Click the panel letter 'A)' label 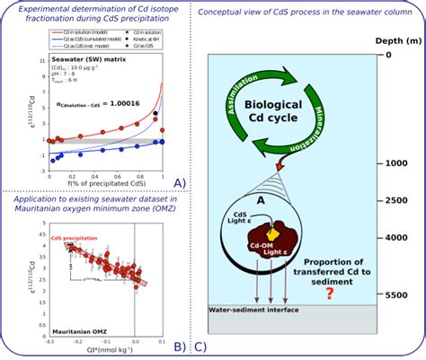(178, 183)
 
